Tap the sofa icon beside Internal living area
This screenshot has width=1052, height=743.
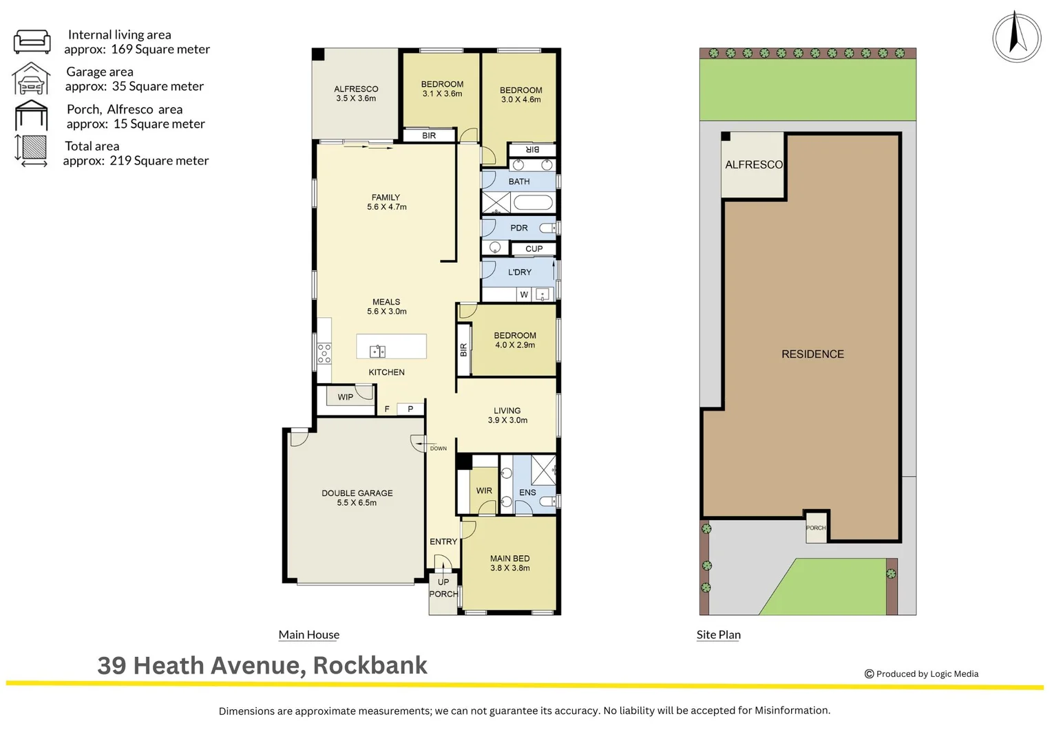click(x=32, y=41)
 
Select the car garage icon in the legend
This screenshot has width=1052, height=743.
click(x=31, y=78)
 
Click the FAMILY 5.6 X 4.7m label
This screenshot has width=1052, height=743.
click(x=386, y=202)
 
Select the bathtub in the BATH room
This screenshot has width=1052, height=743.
click(x=533, y=203)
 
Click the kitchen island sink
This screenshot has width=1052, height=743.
click(x=377, y=352)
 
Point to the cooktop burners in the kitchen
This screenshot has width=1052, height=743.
click(x=324, y=353)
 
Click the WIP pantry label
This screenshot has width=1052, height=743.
click(x=345, y=397)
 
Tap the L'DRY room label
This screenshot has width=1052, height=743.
click(x=519, y=272)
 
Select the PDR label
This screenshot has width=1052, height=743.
click(x=518, y=228)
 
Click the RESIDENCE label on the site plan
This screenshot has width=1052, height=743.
click(x=812, y=354)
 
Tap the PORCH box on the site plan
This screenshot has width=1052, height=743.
click(x=816, y=528)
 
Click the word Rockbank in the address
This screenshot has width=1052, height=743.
click(x=370, y=665)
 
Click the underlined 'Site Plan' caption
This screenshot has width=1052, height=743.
click(x=718, y=634)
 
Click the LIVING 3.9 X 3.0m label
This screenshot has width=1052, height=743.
click(x=507, y=415)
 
